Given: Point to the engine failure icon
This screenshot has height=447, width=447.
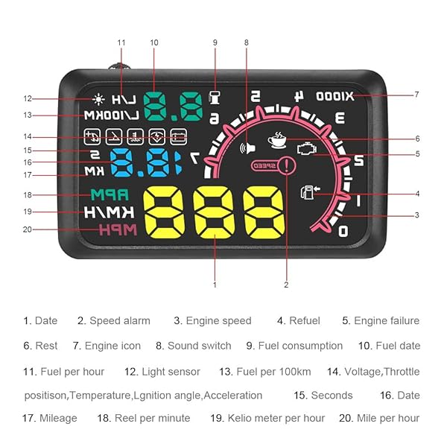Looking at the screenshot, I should [x=305, y=149].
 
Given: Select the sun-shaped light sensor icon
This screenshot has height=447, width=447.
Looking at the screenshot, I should [x=99, y=98].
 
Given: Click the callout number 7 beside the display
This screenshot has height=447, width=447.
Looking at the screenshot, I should [x=416, y=95].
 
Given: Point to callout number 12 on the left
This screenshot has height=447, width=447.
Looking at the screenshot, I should [x=28, y=98].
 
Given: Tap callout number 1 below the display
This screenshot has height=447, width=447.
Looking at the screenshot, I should [x=215, y=284].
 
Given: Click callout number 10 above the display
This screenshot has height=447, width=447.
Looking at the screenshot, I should [x=154, y=42].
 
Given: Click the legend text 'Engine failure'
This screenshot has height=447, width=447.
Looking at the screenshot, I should [x=386, y=321].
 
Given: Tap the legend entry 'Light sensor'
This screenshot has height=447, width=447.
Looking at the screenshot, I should [x=171, y=371].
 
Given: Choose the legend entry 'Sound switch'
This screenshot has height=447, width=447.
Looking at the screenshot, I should [x=199, y=346].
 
